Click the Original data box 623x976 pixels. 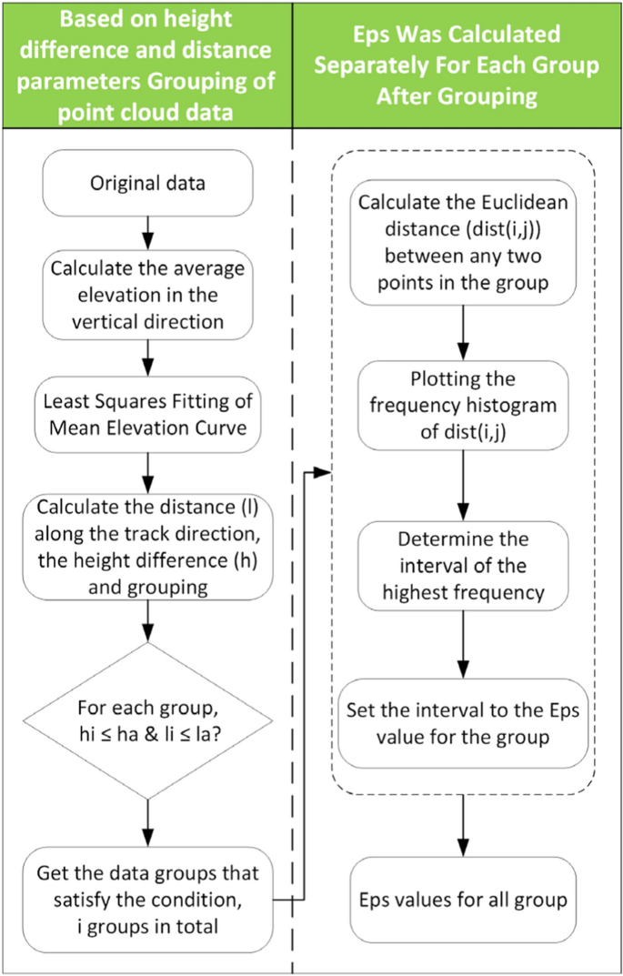coord(146,182)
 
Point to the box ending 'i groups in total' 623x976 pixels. coord(146,899)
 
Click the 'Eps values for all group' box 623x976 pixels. coord(465,901)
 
